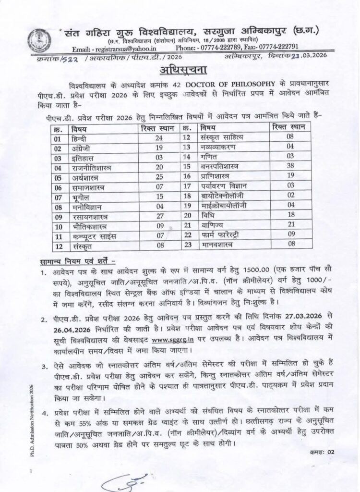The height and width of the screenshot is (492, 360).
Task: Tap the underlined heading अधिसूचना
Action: (180, 72)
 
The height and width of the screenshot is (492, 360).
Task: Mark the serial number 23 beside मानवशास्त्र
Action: (188, 245)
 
